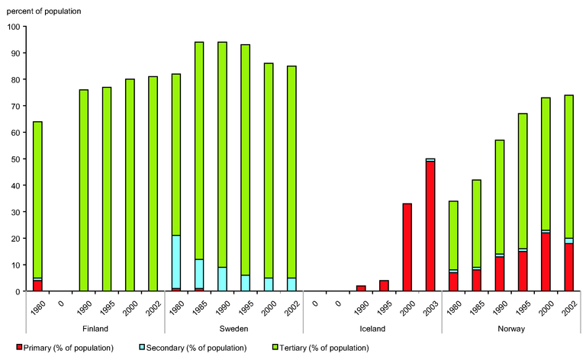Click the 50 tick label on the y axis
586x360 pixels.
click(x=15, y=159)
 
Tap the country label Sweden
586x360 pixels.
click(x=234, y=329)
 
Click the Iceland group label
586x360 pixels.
click(x=372, y=329)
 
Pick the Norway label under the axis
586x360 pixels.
click(x=510, y=329)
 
